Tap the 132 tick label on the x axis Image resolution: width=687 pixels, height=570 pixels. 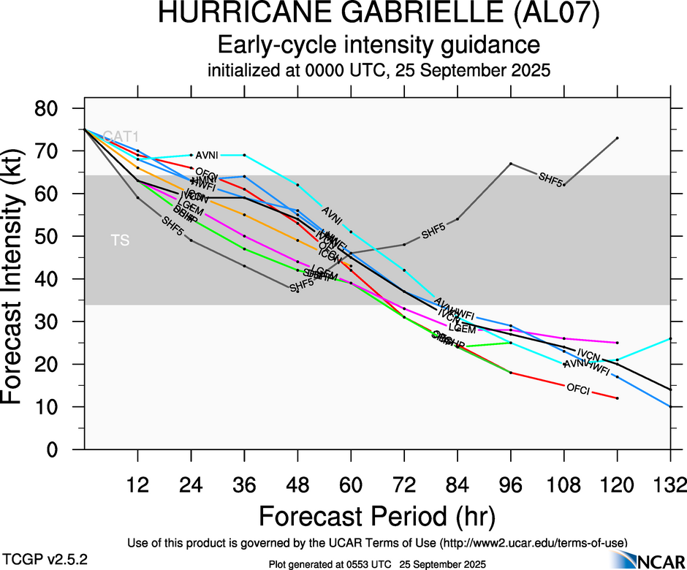(x=670, y=484)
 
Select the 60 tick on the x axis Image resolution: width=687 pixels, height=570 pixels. (x=351, y=484)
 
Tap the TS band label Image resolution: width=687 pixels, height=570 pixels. (x=120, y=240)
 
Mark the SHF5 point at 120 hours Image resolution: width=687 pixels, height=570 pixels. (x=618, y=138)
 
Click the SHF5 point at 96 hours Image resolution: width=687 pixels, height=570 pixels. (x=511, y=164)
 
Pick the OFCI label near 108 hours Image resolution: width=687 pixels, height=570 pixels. (x=578, y=389)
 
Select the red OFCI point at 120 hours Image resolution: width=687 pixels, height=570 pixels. (x=618, y=398)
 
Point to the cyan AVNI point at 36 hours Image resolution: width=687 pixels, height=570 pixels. (x=244, y=155)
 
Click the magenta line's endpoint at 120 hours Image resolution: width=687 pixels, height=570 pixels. (x=618, y=343)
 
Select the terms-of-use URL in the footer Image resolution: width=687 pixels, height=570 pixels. (x=531, y=543)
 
